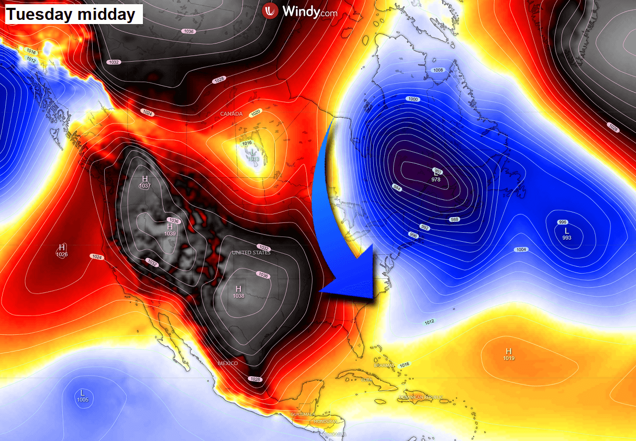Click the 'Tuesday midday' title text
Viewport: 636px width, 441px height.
point(71,14)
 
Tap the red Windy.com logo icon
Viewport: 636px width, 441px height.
point(270,10)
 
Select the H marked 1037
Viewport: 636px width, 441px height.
point(145,179)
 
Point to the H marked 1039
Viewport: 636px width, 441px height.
point(170,227)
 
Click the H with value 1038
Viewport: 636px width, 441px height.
point(239,289)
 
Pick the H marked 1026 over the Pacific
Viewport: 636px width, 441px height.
point(62,247)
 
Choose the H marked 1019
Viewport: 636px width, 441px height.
point(508,351)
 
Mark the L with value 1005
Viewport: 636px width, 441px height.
point(82,393)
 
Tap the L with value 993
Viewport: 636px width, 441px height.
point(566,231)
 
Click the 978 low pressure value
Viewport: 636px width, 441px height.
point(436,179)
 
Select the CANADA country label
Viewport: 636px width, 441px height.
point(231,114)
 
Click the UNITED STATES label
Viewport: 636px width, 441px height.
point(251,253)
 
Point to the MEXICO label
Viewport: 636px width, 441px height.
point(228,363)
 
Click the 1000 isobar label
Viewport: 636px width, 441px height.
point(413,99)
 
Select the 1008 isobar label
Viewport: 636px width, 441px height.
point(438,70)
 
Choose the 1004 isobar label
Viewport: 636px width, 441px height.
point(521,250)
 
